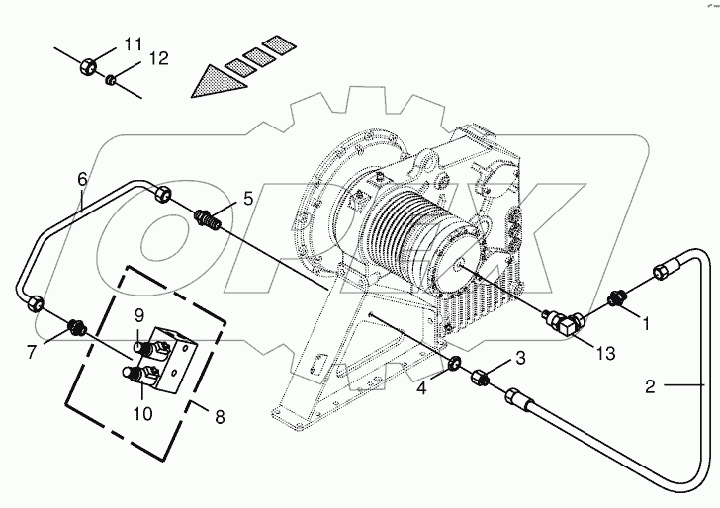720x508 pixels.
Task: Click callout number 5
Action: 248,198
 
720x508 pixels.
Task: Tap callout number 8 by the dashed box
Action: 219,417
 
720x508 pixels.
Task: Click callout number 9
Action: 139,315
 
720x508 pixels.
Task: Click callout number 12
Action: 159,60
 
